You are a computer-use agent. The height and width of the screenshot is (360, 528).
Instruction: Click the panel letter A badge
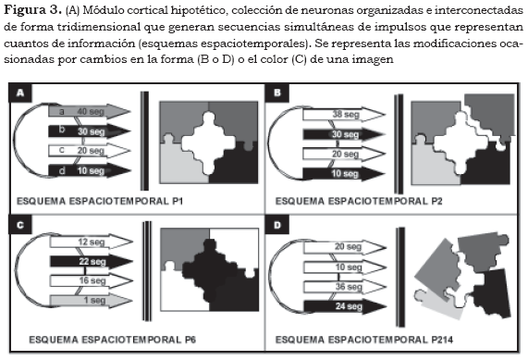tap(20, 93)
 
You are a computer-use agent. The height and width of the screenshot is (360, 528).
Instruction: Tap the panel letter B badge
tap(276, 93)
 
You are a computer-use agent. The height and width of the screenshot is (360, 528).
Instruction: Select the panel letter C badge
tap(20, 225)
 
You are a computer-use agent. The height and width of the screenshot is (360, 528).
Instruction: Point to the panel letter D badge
tap(276, 225)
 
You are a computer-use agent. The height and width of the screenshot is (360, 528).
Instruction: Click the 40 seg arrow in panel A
tap(90, 111)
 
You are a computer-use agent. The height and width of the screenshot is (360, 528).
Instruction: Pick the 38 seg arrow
tap(344, 115)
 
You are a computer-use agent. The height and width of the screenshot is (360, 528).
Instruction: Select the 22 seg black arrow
tap(92, 261)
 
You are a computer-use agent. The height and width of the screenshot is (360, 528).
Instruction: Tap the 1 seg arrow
tap(92, 301)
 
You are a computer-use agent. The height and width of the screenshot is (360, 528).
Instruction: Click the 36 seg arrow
tap(345, 287)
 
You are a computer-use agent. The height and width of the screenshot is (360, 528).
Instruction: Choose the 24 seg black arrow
tap(345, 306)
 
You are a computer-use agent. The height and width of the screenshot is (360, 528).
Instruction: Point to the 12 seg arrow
tap(92, 242)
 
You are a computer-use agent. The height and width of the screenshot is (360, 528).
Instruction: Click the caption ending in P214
tap(364, 340)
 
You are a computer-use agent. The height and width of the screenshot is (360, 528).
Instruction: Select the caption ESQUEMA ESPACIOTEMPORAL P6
tap(113, 340)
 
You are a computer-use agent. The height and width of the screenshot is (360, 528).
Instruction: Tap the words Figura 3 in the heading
tap(32, 10)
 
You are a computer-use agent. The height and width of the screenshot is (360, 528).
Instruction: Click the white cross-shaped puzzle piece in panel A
tap(209, 143)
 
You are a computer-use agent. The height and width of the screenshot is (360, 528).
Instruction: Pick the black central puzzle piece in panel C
tap(215, 269)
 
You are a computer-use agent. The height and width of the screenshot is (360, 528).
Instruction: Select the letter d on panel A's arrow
tap(62, 171)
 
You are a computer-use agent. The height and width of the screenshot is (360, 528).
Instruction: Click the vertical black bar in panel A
tap(144, 141)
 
